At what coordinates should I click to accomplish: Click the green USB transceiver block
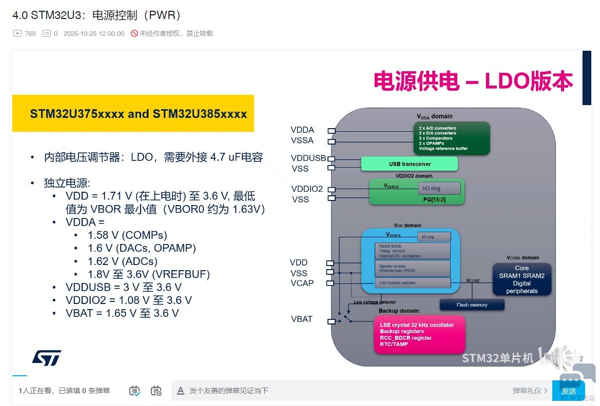[409, 164]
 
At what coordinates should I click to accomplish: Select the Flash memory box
[472, 305]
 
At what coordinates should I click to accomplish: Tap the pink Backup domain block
[419, 335]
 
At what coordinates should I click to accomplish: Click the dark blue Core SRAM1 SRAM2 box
[521, 279]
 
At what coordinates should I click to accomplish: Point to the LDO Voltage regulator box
[413, 283]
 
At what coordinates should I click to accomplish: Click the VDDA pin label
[302, 130]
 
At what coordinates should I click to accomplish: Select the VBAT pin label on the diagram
[302, 319]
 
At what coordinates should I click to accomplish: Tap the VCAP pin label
[302, 283]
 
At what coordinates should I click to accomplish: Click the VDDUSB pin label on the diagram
[308, 158]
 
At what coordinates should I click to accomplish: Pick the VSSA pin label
[302, 140]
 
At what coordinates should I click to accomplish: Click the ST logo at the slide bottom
[47, 358]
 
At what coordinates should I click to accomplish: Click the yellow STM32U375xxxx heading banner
[133, 113]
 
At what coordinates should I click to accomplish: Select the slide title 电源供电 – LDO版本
[473, 82]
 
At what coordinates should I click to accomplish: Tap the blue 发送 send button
[568, 391]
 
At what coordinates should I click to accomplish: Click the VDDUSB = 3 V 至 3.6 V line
[124, 287]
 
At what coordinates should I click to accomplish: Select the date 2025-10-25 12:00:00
[94, 34]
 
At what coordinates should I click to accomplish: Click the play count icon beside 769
[17, 34]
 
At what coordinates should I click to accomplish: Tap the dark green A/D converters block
[451, 138]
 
